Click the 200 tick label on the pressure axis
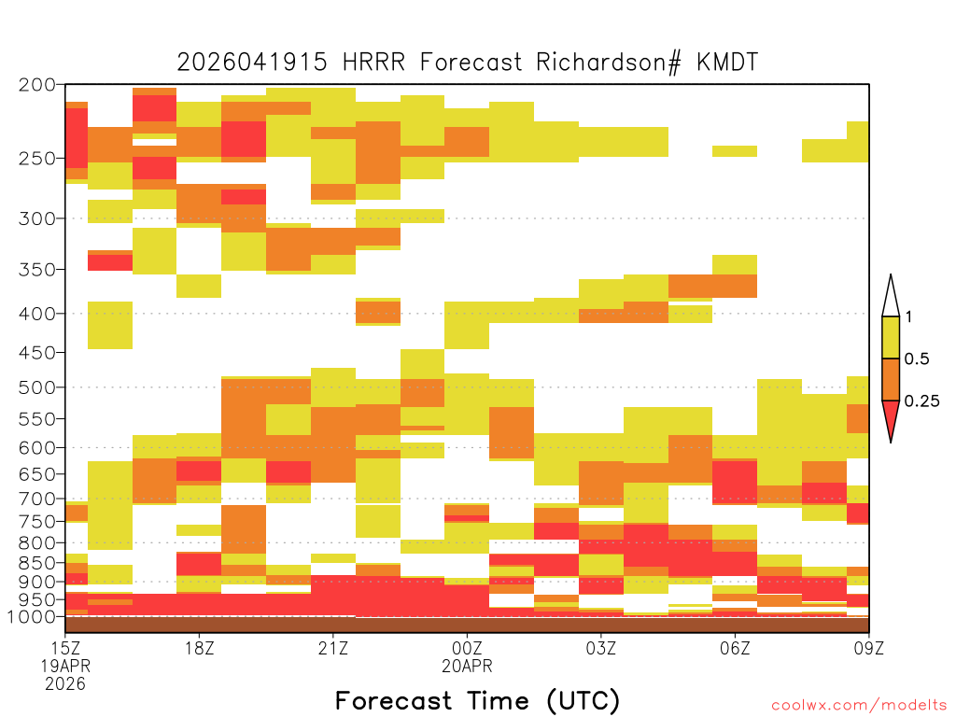click(36, 85)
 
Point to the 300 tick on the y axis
click(36, 218)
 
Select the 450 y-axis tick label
click(36, 352)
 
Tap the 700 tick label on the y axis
click(36, 499)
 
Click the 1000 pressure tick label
click(32, 616)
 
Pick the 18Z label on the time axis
click(200, 648)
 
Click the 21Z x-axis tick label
click(333, 648)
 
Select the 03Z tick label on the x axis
click(601, 648)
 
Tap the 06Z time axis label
click(736, 648)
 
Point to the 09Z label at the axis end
click(869, 648)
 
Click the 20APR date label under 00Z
click(467, 666)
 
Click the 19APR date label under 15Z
click(66, 666)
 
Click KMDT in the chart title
click(727, 63)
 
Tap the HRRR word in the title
click(373, 63)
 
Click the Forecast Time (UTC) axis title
click(477, 701)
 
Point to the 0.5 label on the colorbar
click(917, 359)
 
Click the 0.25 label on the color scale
click(921, 401)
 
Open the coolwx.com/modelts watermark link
click(859, 706)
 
